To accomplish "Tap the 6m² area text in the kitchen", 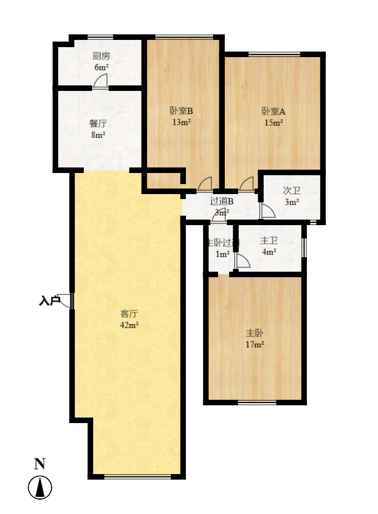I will (x=100, y=67).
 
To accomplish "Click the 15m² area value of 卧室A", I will (x=274, y=122).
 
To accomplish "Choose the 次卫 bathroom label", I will (x=291, y=191).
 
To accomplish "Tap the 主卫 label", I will (x=269, y=241).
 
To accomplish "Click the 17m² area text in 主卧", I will (x=255, y=345).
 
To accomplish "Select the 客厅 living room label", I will (x=129, y=313).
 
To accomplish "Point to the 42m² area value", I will (x=129, y=325).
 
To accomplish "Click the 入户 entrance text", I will (x=49, y=301).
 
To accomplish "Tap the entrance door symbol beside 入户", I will (x=66, y=301).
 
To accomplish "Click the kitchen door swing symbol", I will (x=101, y=82).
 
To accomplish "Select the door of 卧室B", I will (x=205, y=183).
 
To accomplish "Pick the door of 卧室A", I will (x=247, y=184).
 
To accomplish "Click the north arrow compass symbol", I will (x=40, y=488).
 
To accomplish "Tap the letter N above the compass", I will (x=39, y=465).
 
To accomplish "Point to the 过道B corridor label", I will (x=222, y=201).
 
